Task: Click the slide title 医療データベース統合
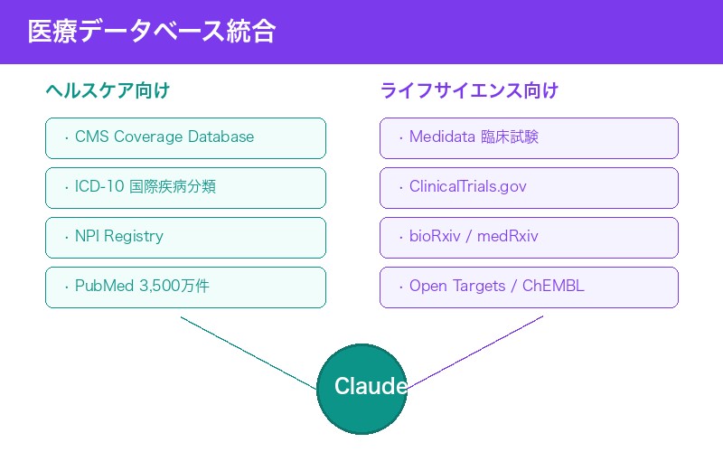click(151, 32)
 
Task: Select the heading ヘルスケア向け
click(108, 90)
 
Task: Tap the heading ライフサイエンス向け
click(469, 90)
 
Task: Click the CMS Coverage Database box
click(185, 137)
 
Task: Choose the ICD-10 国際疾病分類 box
click(185, 187)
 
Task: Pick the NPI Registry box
click(185, 237)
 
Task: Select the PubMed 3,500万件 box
click(185, 287)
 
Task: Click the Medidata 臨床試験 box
click(529, 137)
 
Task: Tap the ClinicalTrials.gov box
click(529, 187)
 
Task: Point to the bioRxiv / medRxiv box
click(529, 237)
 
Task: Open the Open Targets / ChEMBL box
click(529, 287)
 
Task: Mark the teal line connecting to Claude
click(249, 353)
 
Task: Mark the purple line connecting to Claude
click(474, 353)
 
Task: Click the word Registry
click(134, 237)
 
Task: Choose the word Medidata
click(443, 137)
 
